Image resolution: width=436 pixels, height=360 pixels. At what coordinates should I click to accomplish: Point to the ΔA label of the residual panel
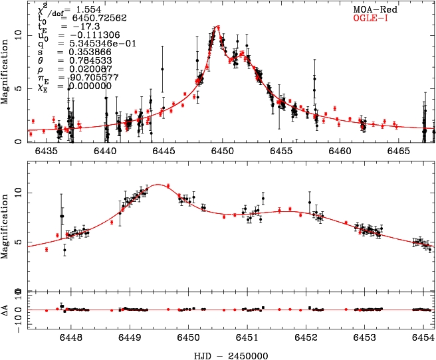(7, 310)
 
